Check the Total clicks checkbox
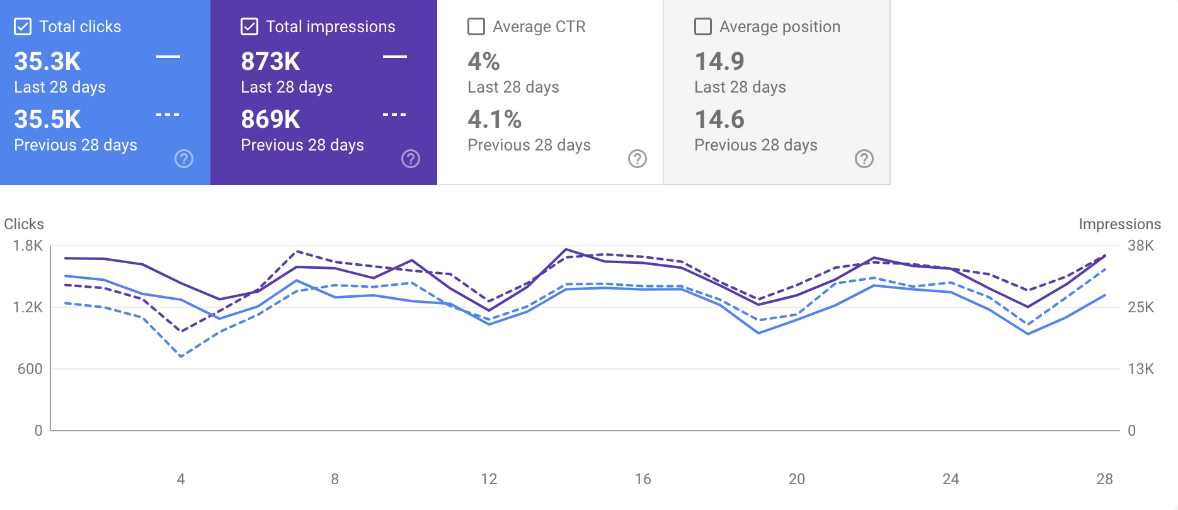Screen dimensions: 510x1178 click(23, 26)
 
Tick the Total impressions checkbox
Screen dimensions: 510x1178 click(249, 26)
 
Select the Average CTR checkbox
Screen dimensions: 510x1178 click(476, 26)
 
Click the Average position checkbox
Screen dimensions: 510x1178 click(703, 26)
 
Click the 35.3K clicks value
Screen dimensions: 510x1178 click(47, 62)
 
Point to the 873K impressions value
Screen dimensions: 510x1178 click(270, 62)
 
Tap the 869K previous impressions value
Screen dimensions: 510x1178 click(270, 120)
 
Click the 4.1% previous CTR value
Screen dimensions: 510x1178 click(495, 120)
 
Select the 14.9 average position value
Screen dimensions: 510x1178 click(719, 62)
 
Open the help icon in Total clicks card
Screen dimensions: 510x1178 click(184, 159)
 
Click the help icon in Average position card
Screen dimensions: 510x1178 click(864, 159)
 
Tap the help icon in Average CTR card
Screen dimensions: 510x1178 click(638, 159)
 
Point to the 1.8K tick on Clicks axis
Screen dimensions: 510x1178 click(28, 246)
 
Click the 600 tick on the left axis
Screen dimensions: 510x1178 click(30, 369)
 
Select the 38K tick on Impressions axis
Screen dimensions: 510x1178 click(1141, 246)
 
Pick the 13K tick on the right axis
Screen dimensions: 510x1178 click(1141, 369)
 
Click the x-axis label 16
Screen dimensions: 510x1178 click(643, 479)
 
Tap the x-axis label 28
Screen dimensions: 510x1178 click(1104, 479)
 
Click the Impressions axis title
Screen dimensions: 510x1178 click(1119, 224)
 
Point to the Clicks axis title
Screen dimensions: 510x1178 click(24, 224)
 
